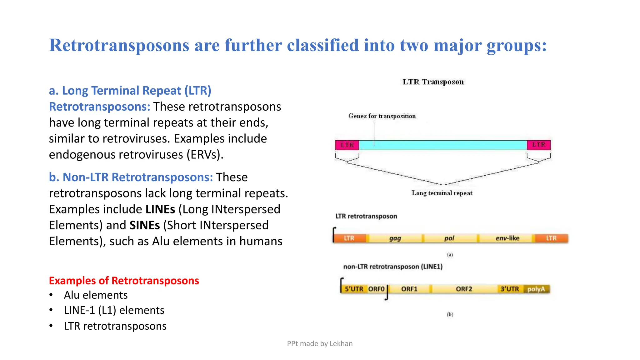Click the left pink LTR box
(x=347, y=145)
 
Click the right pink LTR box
(x=538, y=145)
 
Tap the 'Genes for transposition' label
(x=382, y=116)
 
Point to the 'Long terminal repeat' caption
(x=442, y=193)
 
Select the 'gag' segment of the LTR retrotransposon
(x=395, y=238)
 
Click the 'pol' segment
(x=449, y=238)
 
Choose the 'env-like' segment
(x=507, y=238)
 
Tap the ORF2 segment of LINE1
(x=464, y=289)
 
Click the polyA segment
(x=536, y=289)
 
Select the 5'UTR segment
(x=354, y=289)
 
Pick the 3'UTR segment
(x=510, y=289)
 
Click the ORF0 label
(x=376, y=289)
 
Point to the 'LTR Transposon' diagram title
(x=433, y=82)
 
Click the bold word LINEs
(x=160, y=209)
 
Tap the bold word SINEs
(x=145, y=225)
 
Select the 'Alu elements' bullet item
(x=96, y=295)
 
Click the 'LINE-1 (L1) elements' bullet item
(x=114, y=310)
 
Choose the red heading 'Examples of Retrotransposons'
(x=124, y=281)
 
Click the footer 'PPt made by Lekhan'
(x=320, y=344)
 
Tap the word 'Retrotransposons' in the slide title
(x=119, y=45)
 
